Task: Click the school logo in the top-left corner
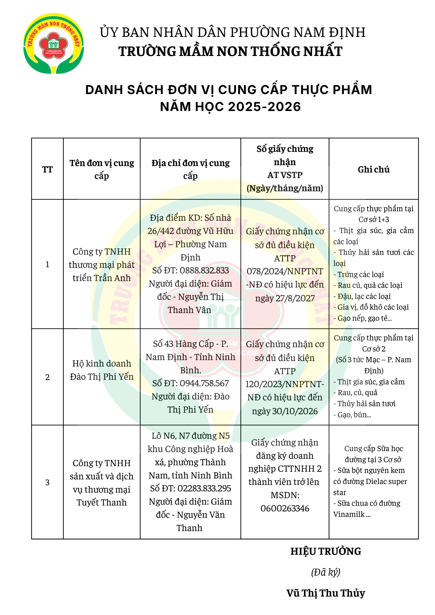tap(54, 43)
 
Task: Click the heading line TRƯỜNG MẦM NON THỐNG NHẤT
tap(230, 51)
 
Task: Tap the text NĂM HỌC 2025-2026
tap(230, 107)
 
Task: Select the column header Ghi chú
tap(373, 169)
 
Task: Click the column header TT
tap(47, 169)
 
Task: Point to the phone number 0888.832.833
tap(204, 271)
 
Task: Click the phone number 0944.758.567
tap(204, 383)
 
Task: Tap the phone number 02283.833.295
tap(204, 489)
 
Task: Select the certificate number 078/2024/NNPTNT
tap(285, 271)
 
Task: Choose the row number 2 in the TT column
tap(47, 377)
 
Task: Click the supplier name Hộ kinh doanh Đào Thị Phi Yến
tap(102, 370)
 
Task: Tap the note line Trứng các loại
tap(361, 275)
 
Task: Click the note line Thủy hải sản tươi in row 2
tap(366, 404)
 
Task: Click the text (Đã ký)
tap(326, 572)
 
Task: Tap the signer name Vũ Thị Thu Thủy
tap(326, 593)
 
